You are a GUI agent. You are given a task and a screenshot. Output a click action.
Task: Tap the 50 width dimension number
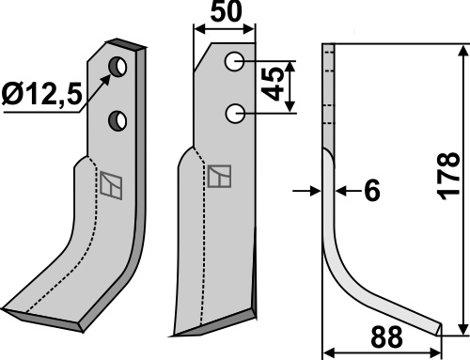tap(227, 11)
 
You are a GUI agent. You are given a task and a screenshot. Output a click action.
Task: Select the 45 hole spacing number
tap(273, 85)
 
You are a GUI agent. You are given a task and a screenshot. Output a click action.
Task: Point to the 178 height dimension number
tap(448, 176)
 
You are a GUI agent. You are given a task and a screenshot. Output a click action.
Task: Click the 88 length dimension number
tap(386, 337)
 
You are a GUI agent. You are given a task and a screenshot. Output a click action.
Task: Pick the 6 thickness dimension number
tap(372, 190)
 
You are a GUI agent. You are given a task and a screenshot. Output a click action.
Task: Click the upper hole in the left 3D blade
tap(117, 67)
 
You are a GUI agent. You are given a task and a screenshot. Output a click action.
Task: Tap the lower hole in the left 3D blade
tap(117, 120)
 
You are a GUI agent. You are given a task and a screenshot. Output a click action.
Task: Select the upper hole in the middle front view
tap(234, 61)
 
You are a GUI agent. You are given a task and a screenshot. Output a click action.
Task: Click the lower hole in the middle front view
tap(235, 114)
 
